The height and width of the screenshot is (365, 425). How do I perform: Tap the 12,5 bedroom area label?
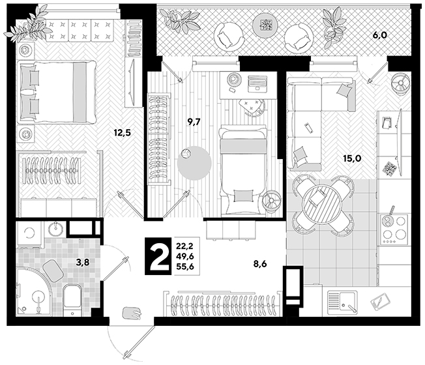click(x=123, y=132)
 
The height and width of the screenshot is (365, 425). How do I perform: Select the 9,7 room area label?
click(x=194, y=122)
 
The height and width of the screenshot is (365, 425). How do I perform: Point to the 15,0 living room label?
click(x=352, y=158)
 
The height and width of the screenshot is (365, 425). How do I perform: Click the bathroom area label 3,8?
click(x=83, y=262)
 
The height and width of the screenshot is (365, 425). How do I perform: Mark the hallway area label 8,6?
click(x=260, y=264)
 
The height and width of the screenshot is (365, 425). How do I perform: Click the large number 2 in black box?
click(x=158, y=256)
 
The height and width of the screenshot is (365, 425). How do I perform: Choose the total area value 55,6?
click(x=185, y=267)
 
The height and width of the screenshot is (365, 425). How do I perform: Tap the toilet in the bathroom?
click(x=72, y=300)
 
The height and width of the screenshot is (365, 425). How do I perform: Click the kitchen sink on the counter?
click(x=342, y=302)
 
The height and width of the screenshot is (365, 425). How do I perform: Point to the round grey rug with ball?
click(x=194, y=163)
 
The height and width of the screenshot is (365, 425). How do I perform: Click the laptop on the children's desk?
click(x=257, y=83)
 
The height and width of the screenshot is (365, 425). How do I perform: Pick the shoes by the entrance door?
click(x=132, y=314)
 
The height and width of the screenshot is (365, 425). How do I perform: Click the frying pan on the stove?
click(x=388, y=219)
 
